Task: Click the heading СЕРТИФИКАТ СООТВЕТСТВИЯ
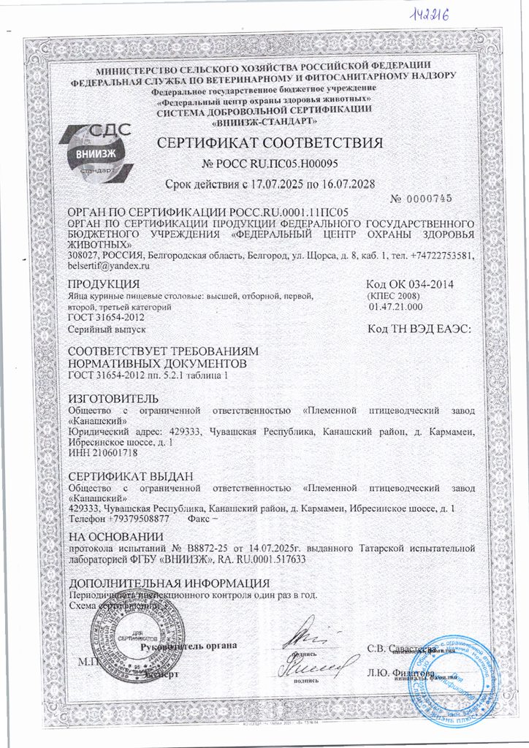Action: tap(271, 142)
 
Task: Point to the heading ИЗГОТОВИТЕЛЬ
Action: tap(112, 399)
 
